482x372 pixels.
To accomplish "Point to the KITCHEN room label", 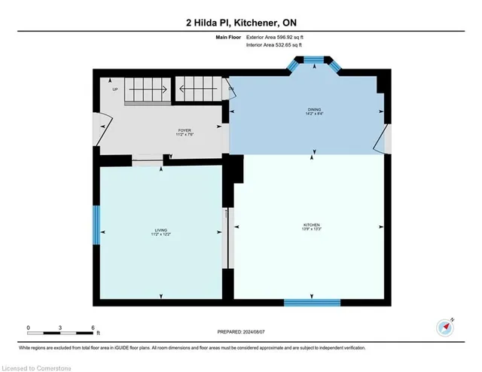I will tap(312, 226).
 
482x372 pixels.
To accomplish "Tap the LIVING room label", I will tap(161, 231).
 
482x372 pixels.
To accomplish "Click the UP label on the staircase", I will tap(115, 90).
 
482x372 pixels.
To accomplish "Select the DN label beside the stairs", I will tap(231, 90).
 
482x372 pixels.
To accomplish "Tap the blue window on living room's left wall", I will tap(96, 225).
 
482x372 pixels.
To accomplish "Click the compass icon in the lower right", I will tap(445, 328).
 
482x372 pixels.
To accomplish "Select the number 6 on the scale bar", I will tap(92, 328).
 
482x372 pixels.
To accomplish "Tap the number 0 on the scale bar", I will tap(28, 328).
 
